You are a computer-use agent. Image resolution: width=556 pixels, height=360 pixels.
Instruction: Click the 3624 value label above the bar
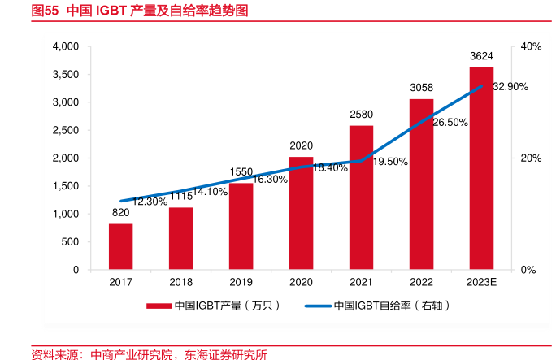tap(481, 56)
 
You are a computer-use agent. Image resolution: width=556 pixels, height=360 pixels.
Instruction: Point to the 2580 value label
tap(361, 115)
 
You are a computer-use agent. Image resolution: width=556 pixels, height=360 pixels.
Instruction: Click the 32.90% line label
tap(510, 86)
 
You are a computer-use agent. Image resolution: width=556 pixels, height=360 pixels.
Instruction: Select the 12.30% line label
tap(150, 201)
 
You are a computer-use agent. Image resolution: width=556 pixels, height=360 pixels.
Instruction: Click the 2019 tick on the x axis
tap(241, 282)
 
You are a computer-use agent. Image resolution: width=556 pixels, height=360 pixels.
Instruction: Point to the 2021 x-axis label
tap(361, 282)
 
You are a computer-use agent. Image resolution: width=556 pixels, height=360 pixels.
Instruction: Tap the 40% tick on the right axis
tap(531, 47)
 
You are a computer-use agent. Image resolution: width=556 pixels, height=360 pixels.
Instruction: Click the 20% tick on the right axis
tap(531, 158)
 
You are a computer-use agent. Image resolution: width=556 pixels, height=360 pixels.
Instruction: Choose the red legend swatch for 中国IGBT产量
tap(159, 306)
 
